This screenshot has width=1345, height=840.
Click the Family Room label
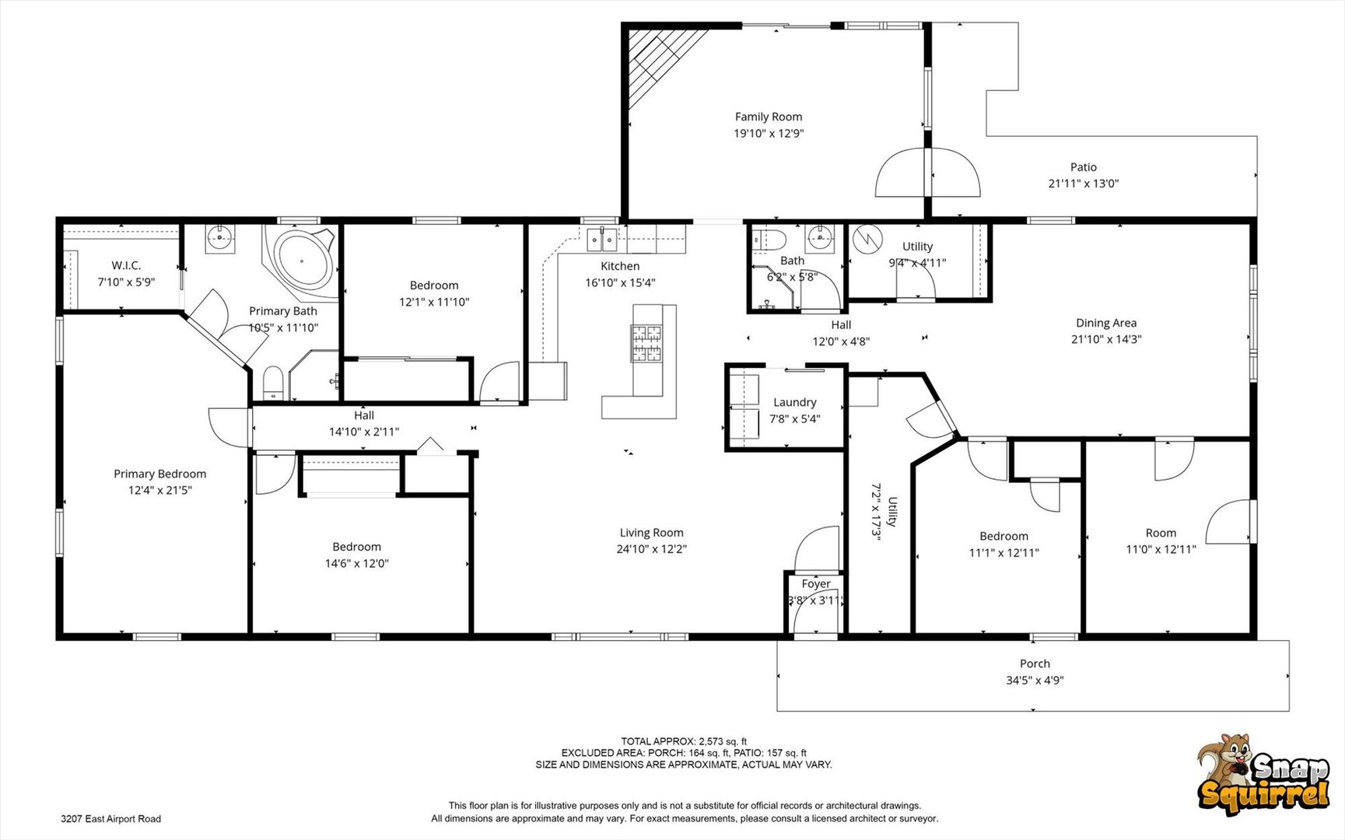coord(769,117)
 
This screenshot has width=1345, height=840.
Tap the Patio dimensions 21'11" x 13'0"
coord(1083,184)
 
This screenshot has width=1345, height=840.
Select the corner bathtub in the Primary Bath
coord(302,259)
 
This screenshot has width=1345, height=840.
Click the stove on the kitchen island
coord(646,344)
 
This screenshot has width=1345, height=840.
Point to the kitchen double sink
coord(602,240)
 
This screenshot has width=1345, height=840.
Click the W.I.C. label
coord(126,266)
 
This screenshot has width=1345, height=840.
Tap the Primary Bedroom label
coord(160,474)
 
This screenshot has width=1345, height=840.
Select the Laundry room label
coord(795,403)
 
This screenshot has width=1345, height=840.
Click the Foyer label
coord(816,584)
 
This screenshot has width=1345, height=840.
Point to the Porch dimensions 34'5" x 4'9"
coord(1035,681)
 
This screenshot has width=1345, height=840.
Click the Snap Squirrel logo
coord(1263,775)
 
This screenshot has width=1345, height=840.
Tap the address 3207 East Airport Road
coord(111,819)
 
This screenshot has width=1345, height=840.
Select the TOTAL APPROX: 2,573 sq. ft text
coord(684,742)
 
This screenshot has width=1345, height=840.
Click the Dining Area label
coord(1106,323)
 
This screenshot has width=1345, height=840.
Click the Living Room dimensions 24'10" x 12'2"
coord(652,549)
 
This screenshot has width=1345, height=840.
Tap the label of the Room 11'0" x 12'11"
coord(1161,534)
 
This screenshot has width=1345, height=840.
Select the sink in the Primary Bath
coord(220,239)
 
